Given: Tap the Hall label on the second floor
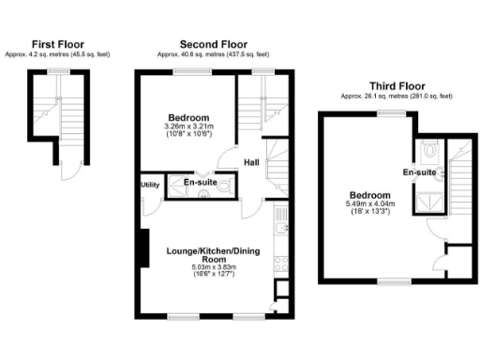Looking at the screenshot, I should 252,163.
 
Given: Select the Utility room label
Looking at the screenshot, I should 150,186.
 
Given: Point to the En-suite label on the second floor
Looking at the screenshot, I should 198,182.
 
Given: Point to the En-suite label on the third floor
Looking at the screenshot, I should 418,172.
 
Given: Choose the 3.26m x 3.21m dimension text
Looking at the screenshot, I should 188,127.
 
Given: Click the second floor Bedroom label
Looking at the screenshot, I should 188,117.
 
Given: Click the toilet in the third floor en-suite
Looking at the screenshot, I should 427,148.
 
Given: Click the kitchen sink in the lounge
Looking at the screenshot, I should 278,228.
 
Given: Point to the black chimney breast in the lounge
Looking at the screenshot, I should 142,248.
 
